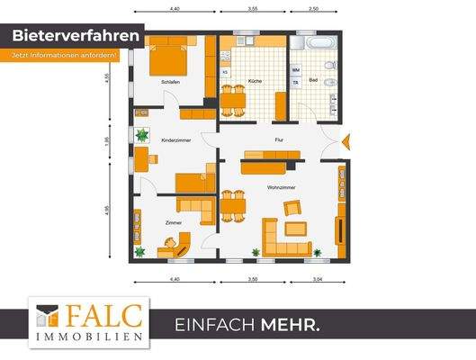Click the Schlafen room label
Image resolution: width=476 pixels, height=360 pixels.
coord(171,83)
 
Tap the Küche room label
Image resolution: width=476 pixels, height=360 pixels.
coord(255,83)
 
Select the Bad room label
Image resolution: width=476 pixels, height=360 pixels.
coord(312,83)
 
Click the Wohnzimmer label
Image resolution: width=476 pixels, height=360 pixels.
coord(282,187)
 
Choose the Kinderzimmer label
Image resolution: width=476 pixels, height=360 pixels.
coord(176,141)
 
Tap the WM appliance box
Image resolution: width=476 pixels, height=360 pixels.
coord(296,68)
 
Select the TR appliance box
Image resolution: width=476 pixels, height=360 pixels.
coord(295,83)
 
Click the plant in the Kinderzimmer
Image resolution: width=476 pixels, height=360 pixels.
coord(141,135)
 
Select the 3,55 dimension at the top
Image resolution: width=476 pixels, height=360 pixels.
coord(253,7)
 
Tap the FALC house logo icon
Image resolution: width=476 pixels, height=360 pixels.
coord(49,318)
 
